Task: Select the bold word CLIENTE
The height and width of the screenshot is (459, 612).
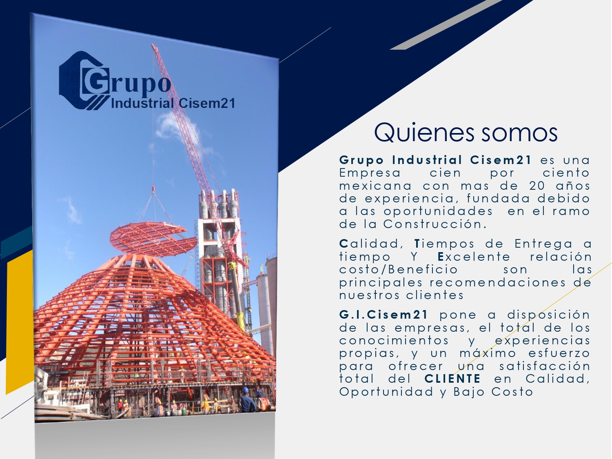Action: (x=453, y=379)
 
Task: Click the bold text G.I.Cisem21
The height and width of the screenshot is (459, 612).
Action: (x=384, y=315)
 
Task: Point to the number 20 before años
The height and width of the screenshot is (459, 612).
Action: (x=537, y=186)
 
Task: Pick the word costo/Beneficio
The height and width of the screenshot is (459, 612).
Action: (x=399, y=270)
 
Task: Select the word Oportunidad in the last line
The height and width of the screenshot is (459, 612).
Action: (x=386, y=392)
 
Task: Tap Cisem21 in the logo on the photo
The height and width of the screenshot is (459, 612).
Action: (x=206, y=103)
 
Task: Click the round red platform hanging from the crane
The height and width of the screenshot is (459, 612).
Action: (x=154, y=239)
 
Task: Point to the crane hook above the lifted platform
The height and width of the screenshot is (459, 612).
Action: (x=153, y=189)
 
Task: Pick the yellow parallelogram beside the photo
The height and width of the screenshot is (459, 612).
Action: (x=20, y=322)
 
